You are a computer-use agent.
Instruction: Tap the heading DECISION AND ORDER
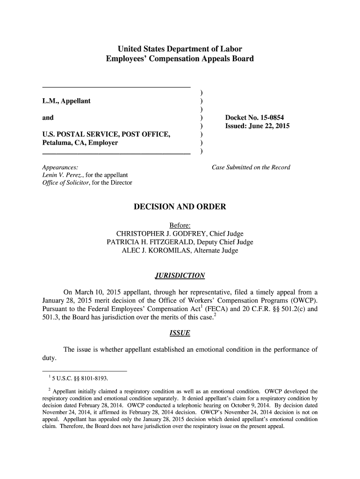point(180,207)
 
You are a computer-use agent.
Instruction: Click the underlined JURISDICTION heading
point(180,275)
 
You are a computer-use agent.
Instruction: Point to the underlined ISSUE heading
point(180,333)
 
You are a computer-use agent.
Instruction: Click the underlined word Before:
point(180,225)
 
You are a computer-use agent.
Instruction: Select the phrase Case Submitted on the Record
point(251,167)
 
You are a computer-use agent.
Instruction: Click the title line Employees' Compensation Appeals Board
point(180,59)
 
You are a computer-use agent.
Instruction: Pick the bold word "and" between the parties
point(48,117)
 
